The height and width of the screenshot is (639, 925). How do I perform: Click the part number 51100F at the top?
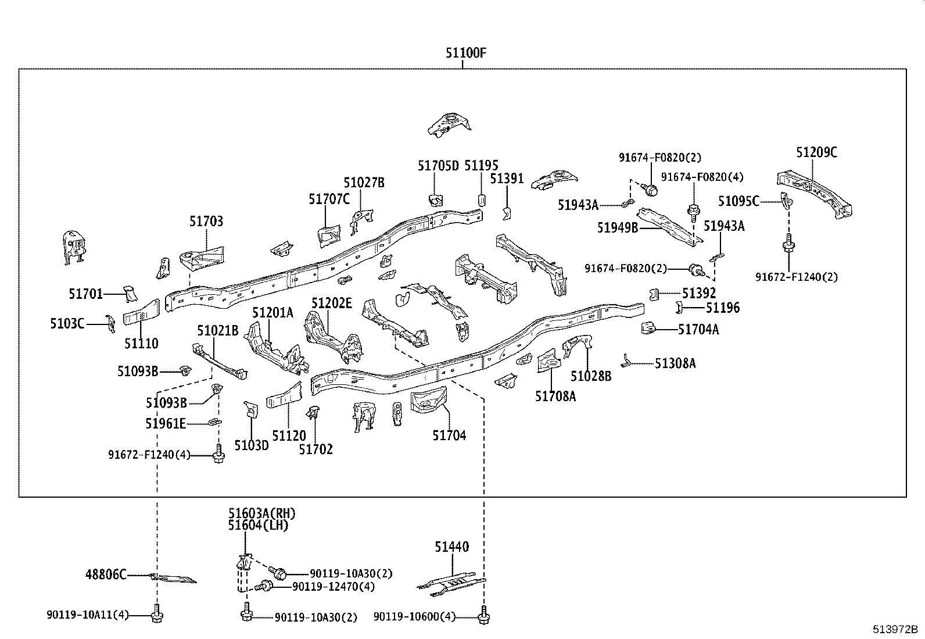click(x=466, y=53)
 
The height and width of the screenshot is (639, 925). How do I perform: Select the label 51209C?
click(x=816, y=152)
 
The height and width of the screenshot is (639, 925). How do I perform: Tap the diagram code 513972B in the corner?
click(x=895, y=629)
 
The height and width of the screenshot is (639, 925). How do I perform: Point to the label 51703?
click(x=206, y=221)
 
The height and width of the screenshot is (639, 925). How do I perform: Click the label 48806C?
click(x=106, y=574)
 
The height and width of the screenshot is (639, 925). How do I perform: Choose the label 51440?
click(x=452, y=547)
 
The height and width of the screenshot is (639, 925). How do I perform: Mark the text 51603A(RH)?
click(x=262, y=513)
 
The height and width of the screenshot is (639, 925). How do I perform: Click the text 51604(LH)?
click(x=258, y=525)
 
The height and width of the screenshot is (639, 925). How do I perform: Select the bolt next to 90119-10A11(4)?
click(x=157, y=613)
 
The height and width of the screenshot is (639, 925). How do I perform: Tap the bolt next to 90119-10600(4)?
click(x=483, y=615)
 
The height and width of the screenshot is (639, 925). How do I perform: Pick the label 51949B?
click(x=618, y=227)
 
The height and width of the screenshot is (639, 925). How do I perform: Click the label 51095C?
click(x=738, y=201)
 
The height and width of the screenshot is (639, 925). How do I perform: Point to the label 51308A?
click(x=675, y=363)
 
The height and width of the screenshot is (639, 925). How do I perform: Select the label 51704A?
click(x=698, y=330)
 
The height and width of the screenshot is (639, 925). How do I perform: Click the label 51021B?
click(x=218, y=331)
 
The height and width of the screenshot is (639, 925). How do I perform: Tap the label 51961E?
click(x=166, y=424)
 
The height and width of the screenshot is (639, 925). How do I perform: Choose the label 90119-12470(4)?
click(x=334, y=587)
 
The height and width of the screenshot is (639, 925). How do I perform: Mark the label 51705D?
click(x=438, y=166)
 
